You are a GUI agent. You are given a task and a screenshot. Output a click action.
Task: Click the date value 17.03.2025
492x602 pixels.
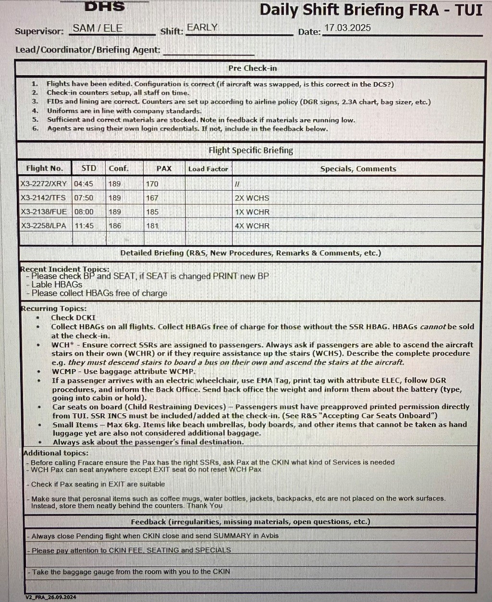pyautogui.click(x=347, y=28)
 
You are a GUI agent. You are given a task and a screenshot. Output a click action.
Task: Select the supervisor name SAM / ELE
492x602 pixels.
pyautogui.click(x=98, y=28)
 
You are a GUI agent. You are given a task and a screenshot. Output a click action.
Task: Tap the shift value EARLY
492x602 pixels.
pyautogui.click(x=202, y=27)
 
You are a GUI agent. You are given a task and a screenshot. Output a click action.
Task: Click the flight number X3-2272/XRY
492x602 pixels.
pyautogui.click(x=43, y=184)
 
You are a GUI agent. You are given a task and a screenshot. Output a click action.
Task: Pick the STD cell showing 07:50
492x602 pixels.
pyautogui.click(x=84, y=198)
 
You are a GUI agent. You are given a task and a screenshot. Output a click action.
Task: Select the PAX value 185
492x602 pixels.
pyautogui.click(x=152, y=212)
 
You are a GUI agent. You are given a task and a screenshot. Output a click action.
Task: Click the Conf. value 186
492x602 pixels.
pyautogui.click(x=115, y=226)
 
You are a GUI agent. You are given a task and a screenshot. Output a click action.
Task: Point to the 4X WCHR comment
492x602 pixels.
pyautogui.click(x=252, y=226)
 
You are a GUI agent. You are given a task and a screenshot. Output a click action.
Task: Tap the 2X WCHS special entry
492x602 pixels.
pyautogui.click(x=252, y=198)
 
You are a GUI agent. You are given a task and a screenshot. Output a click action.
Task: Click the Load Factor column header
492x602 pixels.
pyautogui.click(x=208, y=169)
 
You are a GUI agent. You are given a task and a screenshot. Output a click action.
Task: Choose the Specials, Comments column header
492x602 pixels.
pyautogui.click(x=358, y=169)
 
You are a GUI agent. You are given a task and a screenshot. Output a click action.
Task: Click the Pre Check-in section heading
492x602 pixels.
pyautogui.click(x=253, y=68)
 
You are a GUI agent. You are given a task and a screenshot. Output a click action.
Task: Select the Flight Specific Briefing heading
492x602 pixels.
pyautogui.click(x=250, y=150)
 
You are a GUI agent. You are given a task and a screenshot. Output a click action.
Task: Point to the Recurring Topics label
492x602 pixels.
pyautogui.click(x=53, y=308)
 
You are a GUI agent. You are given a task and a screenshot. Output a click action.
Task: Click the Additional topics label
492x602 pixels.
pyautogui.click(x=56, y=453)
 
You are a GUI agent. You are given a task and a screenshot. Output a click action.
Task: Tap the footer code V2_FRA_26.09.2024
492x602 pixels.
pyautogui.click(x=50, y=597)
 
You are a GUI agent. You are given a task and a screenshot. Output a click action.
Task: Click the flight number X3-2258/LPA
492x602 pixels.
pyautogui.click(x=43, y=226)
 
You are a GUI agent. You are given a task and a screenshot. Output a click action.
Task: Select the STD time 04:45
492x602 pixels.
pyautogui.click(x=84, y=184)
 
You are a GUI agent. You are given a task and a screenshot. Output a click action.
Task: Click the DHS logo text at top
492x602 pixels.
pyautogui.click(x=105, y=6)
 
